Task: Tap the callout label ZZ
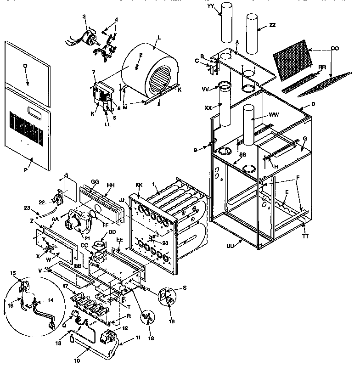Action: (x=272, y=25)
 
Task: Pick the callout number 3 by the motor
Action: (x=84, y=17)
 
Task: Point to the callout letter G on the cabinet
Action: (x=305, y=138)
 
